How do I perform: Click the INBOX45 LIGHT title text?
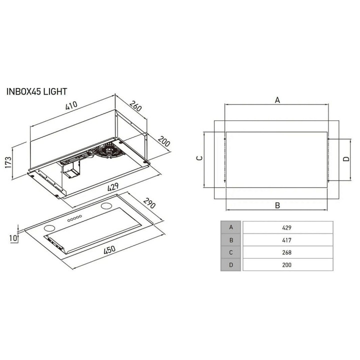[x=36, y=91]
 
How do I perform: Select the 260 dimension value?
[x=135, y=106]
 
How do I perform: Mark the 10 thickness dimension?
[x=13, y=239]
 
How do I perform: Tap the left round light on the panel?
[x=48, y=228]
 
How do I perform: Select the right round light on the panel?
[x=107, y=205]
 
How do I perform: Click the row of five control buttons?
[x=74, y=218]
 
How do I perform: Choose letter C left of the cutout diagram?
[x=198, y=158]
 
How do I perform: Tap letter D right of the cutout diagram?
[x=346, y=159]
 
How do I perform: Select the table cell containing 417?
[x=286, y=240]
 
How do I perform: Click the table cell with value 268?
[x=286, y=252]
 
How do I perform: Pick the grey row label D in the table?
[x=231, y=265]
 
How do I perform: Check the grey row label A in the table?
[x=231, y=227]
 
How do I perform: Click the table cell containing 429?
[x=286, y=227]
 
